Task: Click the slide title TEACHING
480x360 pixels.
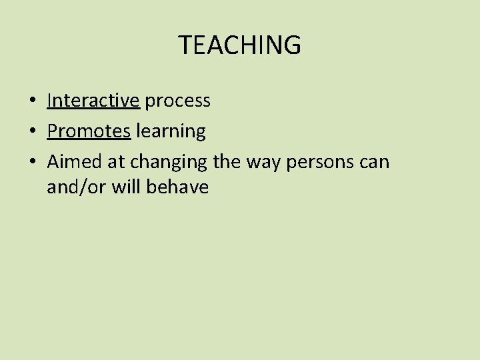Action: (239, 45)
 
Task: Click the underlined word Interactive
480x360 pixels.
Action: (93, 101)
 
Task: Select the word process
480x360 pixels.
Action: (177, 101)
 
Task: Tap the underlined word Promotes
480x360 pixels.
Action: (89, 131)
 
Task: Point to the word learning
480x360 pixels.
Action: (171, 132)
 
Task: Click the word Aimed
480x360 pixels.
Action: (72, 162)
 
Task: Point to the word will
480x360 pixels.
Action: (127, 187)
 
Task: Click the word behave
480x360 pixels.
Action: (178, 187)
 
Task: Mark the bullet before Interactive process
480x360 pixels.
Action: (32, 101)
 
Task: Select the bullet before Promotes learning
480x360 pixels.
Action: (32, 132)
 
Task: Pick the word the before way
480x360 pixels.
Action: (227, 162)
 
